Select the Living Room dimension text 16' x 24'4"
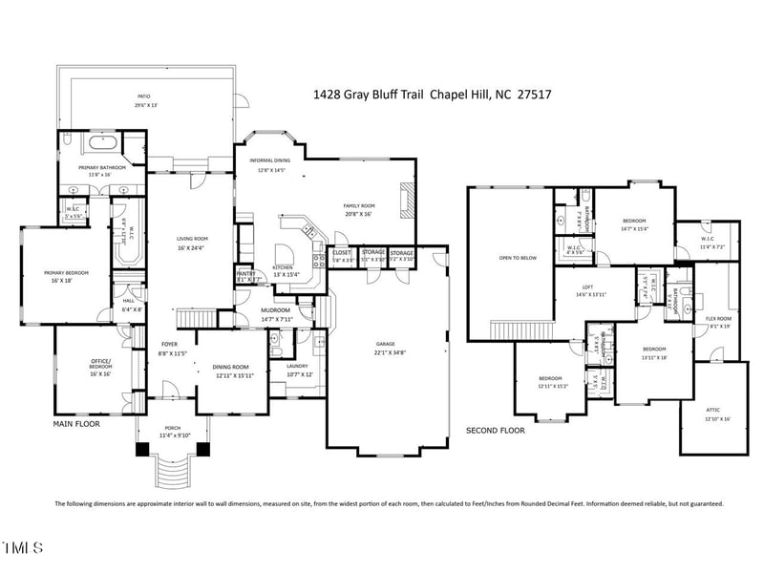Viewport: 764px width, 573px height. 192,247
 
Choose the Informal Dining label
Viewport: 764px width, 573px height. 270,160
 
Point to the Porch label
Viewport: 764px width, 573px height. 173,428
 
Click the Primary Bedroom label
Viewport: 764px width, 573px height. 66,273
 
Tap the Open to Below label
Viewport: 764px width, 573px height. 517,258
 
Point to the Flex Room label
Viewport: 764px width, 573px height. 718,318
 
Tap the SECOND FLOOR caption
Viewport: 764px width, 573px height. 496,431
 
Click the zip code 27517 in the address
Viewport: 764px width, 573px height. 536,95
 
